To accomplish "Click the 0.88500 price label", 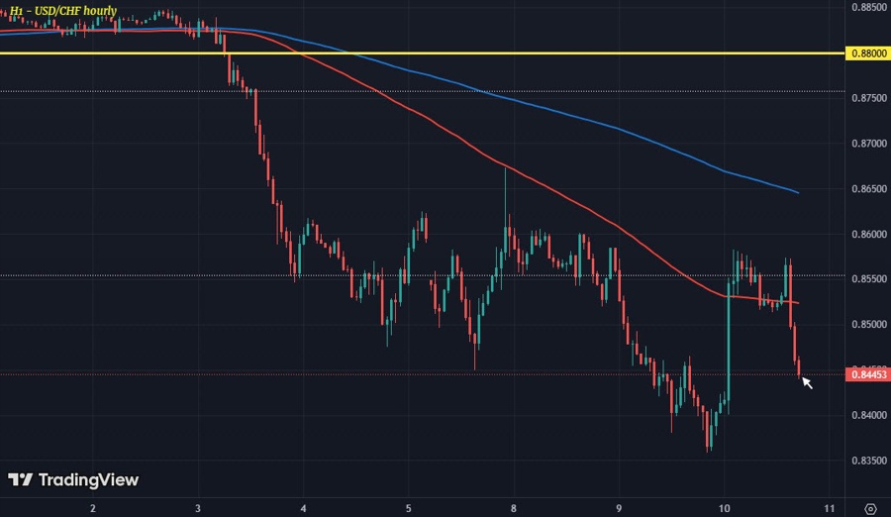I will (x=868, y=8).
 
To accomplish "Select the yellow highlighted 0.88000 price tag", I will (x=868, y=52).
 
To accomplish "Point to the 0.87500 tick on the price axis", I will (x=868, y=99).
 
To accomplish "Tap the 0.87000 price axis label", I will (x=868, y=144).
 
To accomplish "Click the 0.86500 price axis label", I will (x=868, y=189).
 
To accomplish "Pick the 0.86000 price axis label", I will (x=868, y=235).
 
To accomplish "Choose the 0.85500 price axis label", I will (x=868, y=279).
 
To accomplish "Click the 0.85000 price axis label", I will (x=868, y=325).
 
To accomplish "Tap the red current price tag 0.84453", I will (x=868, y=373).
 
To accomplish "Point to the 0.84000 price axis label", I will (x=868, y=415).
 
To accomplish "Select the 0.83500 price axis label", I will (x=868, y=461).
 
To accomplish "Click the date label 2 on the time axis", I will (x=93, y=507).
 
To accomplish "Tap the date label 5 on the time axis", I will (x=409, y=507).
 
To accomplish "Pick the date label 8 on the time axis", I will (x=514, y=507).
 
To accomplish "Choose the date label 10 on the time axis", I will (x=725, y=507).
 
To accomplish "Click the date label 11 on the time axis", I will (x=828, y=507).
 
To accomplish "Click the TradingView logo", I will (x=73, y=480).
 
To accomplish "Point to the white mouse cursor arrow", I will (x=807, y=381).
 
